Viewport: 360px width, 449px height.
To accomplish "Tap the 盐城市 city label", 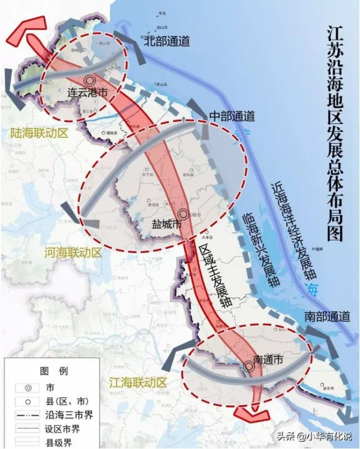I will [166, 225].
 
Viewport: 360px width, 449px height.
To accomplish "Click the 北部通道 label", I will [167, 41].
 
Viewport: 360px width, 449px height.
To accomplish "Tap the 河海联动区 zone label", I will [72, 254].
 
